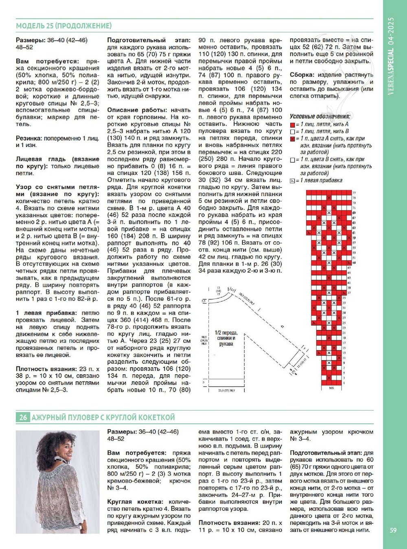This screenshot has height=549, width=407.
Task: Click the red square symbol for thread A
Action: point(292,125)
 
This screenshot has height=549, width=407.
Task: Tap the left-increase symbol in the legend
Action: point(292,181)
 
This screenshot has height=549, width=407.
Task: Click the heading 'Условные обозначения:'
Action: point(319,117)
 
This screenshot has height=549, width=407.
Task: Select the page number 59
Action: point(393,530)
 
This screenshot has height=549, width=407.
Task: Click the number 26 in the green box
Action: point(23,417)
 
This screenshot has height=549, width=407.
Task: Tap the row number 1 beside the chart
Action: point(344,383)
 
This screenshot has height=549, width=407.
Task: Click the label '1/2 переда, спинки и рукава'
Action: point(225,338)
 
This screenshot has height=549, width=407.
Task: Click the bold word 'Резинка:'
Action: point(29,138)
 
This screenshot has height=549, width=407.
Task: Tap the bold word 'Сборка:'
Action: point(302,75)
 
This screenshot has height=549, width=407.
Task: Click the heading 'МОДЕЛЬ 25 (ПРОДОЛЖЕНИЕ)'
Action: point(63,26)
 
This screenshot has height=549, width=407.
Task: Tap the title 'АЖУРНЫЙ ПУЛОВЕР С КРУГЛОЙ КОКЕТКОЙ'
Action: point(103,417)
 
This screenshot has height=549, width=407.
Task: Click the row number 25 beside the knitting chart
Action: point(344,322)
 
